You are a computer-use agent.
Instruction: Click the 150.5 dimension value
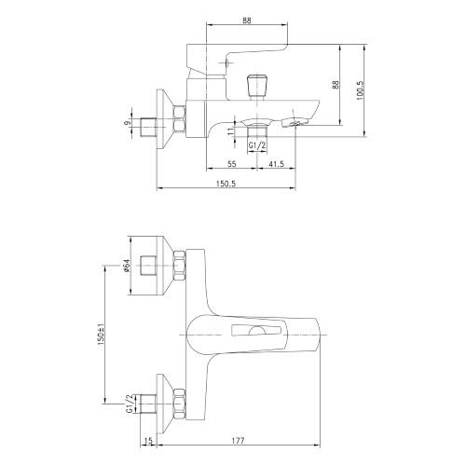click(x=226, y=184)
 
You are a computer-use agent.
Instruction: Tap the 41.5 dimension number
click(x=276, y=164)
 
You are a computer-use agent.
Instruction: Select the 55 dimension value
click(x=232, y=164)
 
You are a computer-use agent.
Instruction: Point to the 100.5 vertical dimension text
click(x=360, y=90)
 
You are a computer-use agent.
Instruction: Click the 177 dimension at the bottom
click(x=239, y=441)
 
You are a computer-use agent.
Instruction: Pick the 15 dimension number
click(x=149, y=441)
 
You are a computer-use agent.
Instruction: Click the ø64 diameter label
click(x=126, y=267)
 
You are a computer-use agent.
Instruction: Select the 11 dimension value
click(x=230, y=130)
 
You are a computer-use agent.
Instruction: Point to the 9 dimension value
click(x=127, y=123)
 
